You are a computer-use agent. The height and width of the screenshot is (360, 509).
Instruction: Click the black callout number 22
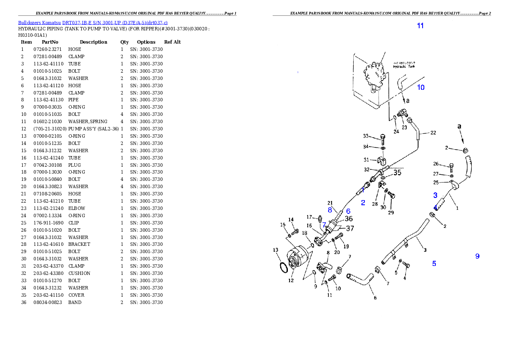point(433,133)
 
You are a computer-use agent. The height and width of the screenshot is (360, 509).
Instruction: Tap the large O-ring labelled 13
point(282,267)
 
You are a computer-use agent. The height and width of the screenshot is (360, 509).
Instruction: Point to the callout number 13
point(275,250)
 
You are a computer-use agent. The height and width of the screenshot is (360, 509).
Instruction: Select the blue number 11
point(420,26)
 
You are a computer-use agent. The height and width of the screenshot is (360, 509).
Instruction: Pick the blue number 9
point(477,256)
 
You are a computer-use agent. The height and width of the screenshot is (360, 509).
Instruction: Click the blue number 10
point(421,87)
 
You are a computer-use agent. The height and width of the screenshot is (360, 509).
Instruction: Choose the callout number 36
point(349,219)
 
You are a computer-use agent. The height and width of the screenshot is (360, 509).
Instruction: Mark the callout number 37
point(350,228)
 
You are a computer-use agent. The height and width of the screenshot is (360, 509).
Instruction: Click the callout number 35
point(397,173)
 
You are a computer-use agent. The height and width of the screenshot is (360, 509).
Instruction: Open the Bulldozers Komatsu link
point(92,22)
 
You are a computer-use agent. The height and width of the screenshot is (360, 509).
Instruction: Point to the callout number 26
point(436,164)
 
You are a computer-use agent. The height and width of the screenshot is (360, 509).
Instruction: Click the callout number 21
point(330,203)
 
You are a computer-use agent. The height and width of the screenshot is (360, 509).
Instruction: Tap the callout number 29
point(391,212)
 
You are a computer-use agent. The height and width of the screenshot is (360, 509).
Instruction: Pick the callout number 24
point(396,132)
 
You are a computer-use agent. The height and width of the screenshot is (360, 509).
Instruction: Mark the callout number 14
point(291,220)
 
